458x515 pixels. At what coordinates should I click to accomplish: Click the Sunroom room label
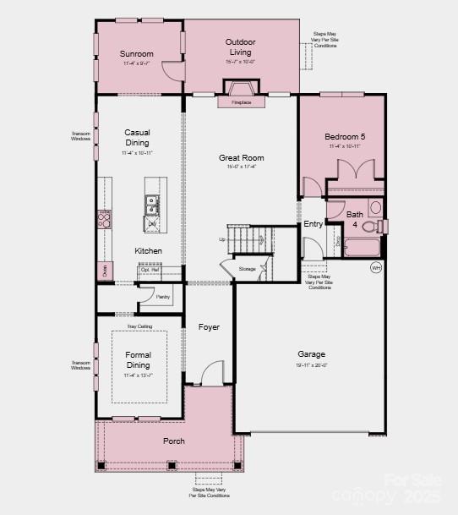pos(136,53)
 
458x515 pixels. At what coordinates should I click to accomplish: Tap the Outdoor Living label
pos(241,47)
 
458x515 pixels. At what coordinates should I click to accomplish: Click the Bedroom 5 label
pos(345,136)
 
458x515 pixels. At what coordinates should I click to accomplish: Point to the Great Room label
pos(242,157)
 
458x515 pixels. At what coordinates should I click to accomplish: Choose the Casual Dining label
pos(137,138)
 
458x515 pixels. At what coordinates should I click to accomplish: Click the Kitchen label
pos(148,251)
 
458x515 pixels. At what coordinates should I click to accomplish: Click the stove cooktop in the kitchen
pos(105,220)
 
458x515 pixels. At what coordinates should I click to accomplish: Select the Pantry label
pos(163,297)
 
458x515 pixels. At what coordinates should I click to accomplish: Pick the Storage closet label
pos(247,269)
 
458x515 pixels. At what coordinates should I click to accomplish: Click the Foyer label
pos(209,327)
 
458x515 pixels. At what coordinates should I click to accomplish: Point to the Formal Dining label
pos(137,359)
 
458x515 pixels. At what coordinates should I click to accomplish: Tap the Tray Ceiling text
pos(139,326)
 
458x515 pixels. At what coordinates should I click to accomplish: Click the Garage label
pos(311,354)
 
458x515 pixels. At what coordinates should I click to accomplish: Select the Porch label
pos(174,441)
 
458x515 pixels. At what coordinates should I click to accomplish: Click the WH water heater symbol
pos(376,268)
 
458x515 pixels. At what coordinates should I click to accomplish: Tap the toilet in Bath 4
pos(380,226)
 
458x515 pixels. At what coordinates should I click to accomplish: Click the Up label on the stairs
pos(222,239)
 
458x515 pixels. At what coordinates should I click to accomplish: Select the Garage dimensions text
pos(311,365)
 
